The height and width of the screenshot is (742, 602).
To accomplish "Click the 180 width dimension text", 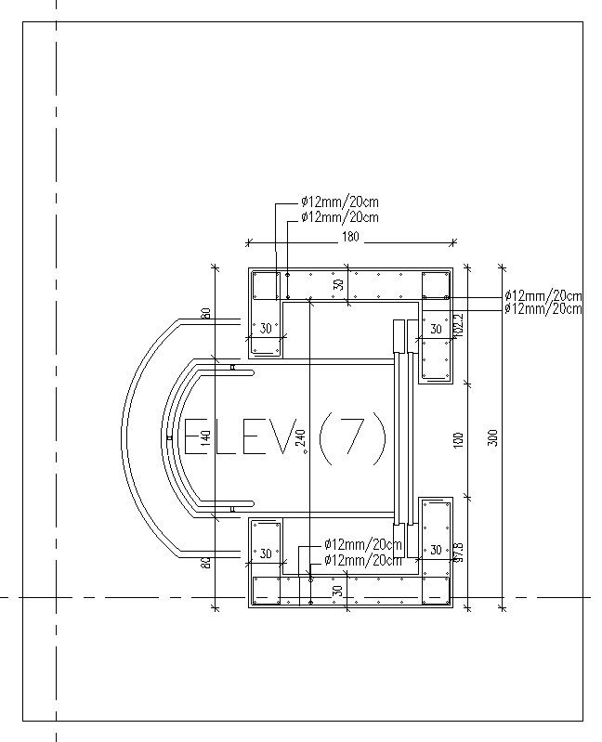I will pos(350,237).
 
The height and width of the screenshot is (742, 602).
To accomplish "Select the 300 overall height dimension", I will pos(494,436).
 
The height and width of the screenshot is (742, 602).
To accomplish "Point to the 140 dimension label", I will pos(206,439).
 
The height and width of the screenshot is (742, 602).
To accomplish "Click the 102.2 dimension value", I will pos(457,325).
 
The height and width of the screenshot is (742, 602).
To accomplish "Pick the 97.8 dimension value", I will pos(457,553).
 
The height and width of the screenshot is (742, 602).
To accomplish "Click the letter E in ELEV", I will pos(196,436).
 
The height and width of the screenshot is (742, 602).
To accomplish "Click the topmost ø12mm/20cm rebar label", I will pos(339,202).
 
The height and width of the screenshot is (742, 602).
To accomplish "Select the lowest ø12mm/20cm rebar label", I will pos(363,560).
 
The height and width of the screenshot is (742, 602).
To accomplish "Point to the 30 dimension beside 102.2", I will pos(435,329).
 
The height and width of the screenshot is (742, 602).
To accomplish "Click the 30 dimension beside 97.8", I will pos(435,551).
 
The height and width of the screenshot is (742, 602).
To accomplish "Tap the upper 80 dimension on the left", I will pos(206,314).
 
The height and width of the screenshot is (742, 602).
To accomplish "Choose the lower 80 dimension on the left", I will pos(206,561).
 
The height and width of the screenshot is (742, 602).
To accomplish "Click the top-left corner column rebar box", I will pos(266,285).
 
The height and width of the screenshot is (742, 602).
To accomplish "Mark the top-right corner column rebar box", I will pos(435,285).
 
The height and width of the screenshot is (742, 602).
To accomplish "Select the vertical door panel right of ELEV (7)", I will pos(400,436).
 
